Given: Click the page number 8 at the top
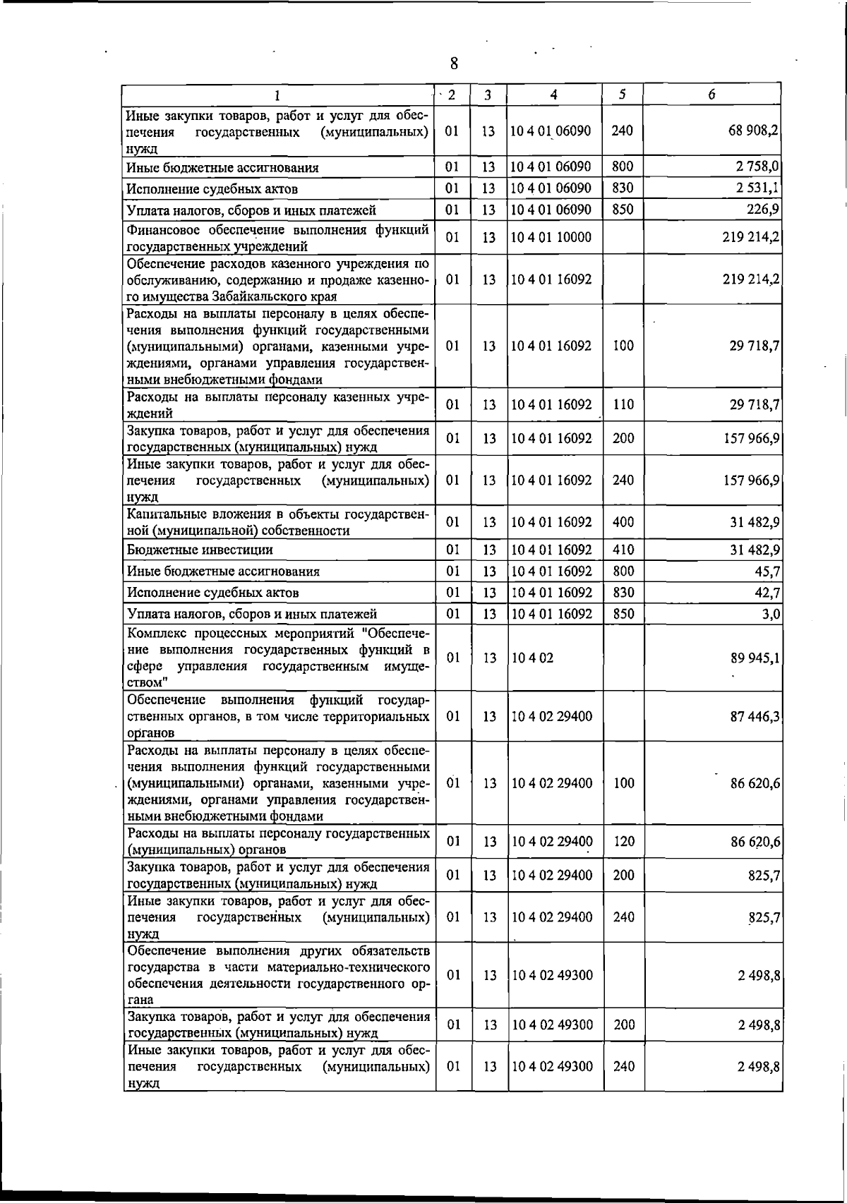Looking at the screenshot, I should (x=454, y=64).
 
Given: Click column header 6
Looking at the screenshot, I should (x=712, y=95).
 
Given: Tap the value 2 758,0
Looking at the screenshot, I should (x=759, y=167).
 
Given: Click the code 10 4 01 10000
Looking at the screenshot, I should (x=551, y=238).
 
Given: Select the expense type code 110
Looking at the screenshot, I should (x=623, y=405).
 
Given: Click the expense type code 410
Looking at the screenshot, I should (x=623, y=550).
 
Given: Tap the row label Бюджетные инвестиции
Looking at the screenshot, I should (x=200, y=550).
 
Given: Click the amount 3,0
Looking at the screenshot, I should (x=771, y=614).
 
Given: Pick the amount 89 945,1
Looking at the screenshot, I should (x=755, y=658).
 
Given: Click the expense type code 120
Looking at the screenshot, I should (x=624, y=842).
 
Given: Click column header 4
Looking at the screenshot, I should (x=554, y=95).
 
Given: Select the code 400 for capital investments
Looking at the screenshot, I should (x=623, y=522).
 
